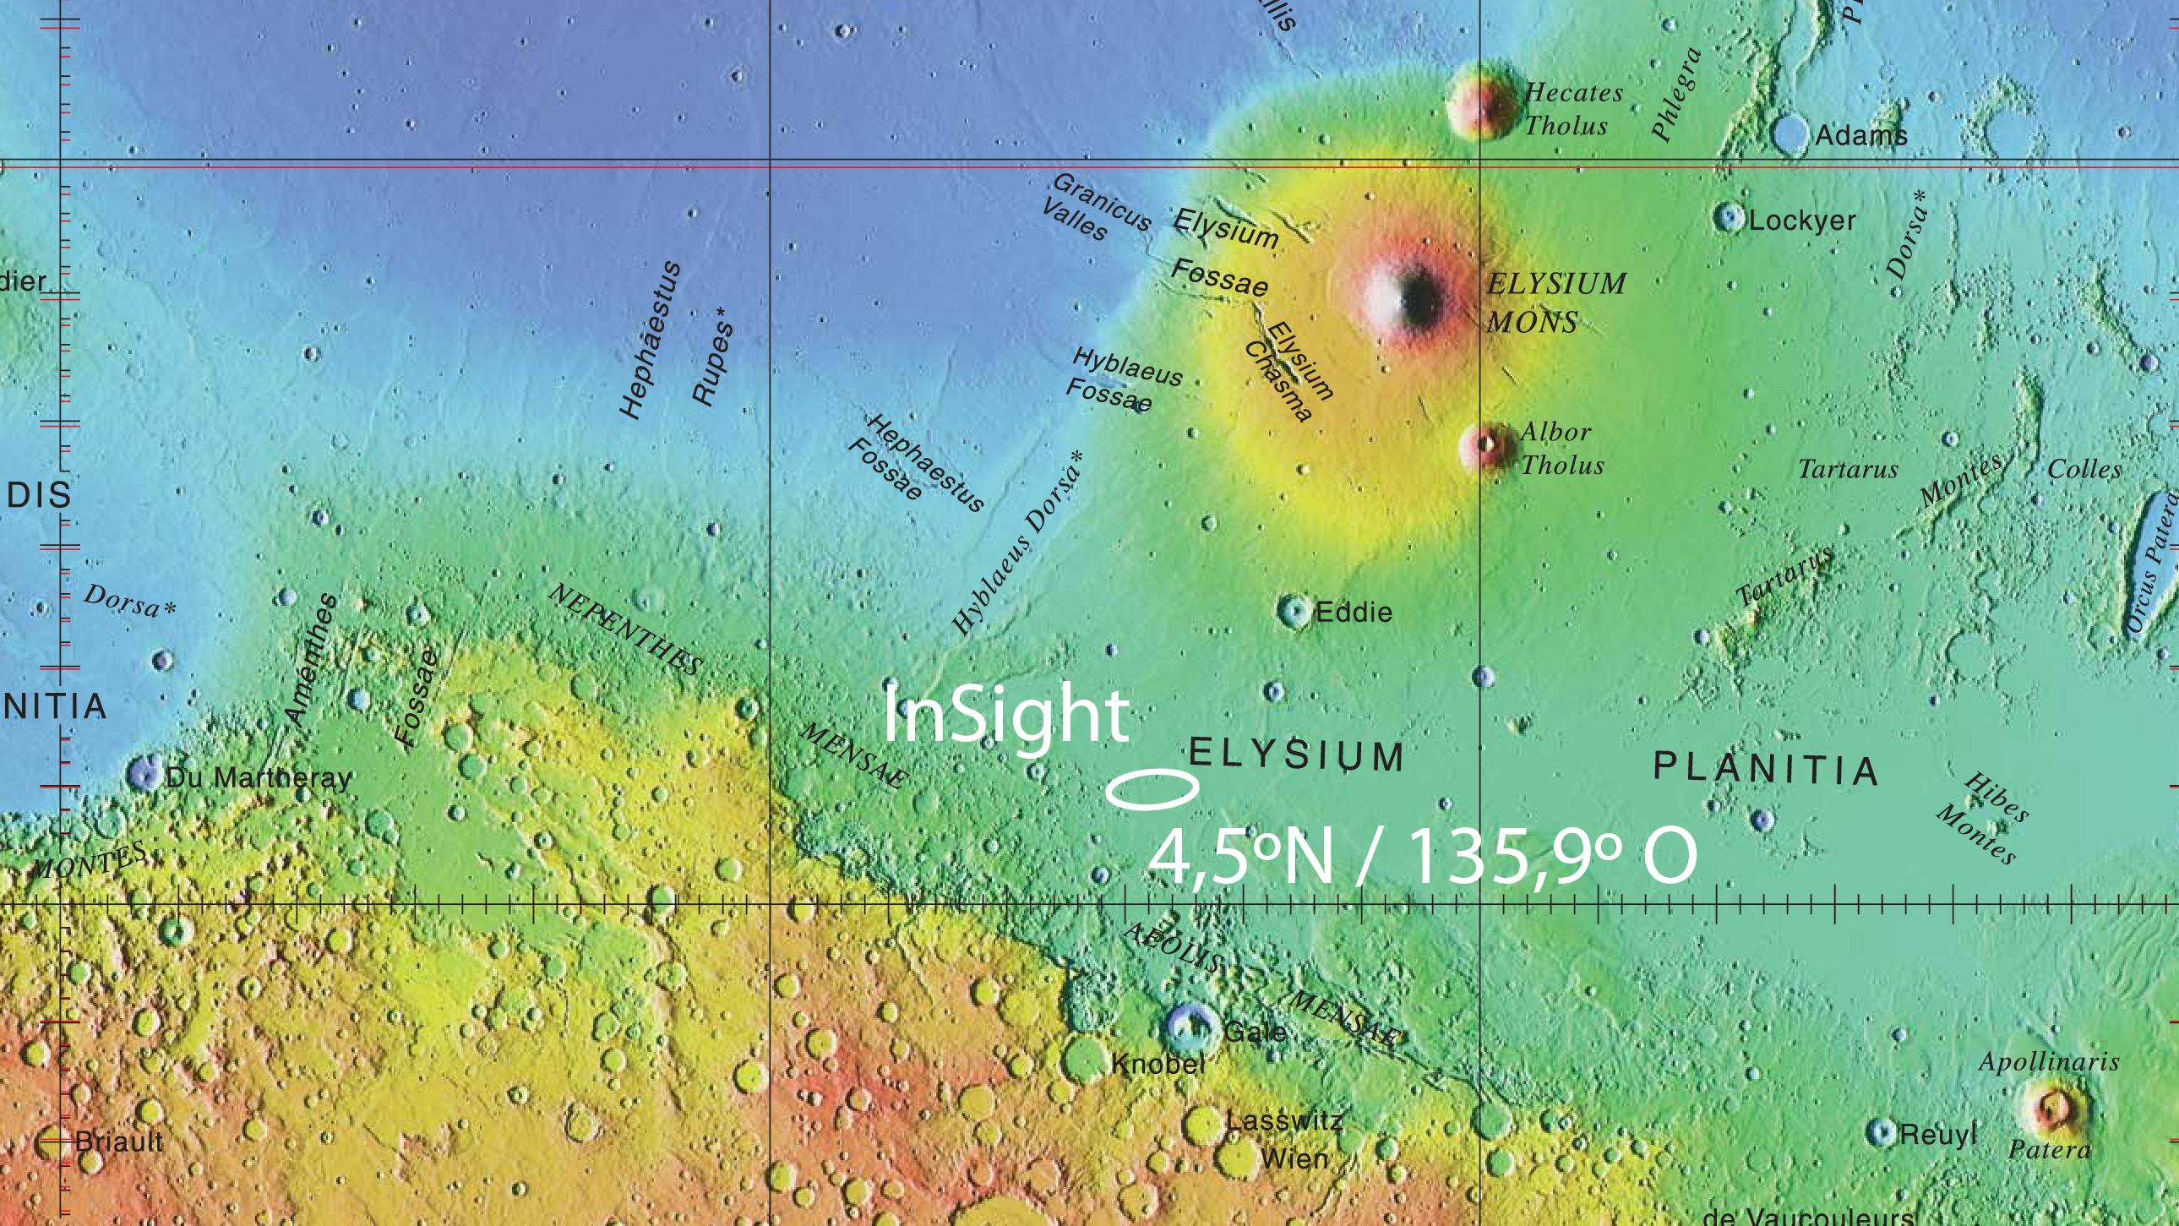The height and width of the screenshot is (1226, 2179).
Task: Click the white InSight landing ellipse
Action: tap(1152, 788)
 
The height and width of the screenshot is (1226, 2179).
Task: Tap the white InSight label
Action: tap(1005, 717)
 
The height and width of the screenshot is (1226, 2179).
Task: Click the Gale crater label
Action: tap(1256, 1033)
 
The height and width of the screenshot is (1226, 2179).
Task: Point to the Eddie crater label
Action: tap(1354, 612)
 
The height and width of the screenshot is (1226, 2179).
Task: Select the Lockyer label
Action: tap(1801, 221)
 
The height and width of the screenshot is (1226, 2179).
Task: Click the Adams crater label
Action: tap(1861, 135)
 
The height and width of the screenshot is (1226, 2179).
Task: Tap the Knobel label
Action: tap(1158, 1065)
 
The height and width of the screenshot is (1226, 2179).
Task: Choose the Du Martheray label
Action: tap(258, 777)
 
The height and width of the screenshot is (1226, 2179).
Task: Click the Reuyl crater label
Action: tap(1938, 1135)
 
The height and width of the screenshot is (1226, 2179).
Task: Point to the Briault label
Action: tap(119, 1142)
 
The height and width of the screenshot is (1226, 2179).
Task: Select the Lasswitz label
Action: tap(1283, 1121)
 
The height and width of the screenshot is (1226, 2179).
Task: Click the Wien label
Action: tap(1294, 1158)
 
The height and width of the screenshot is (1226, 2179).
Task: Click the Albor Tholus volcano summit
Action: tap(1486, 444)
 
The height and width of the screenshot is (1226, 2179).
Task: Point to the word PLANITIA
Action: tap(1766, 768)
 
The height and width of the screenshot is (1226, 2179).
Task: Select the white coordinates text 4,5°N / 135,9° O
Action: tap(1421, 856)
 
